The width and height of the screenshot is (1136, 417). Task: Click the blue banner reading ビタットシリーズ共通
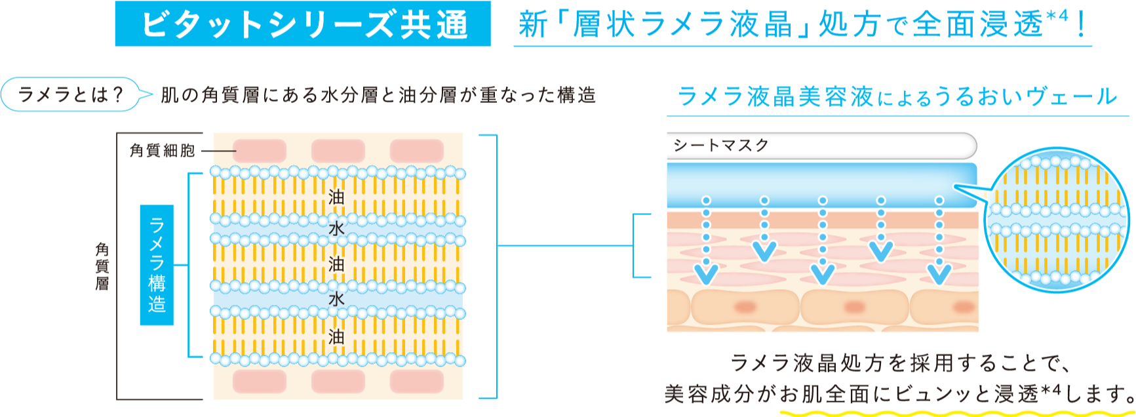[x=303, y=24]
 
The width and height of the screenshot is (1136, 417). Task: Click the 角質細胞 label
[x=162, y=151]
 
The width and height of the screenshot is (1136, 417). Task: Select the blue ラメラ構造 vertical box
[x=157, y=265]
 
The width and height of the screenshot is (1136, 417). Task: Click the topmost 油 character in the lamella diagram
[x=336, y=197]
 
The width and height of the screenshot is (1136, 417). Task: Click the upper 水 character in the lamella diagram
[x=336, y=229]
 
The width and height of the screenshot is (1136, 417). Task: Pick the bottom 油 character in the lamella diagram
[x=336, y=337]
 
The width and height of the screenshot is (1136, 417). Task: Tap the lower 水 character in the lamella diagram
[x=336, y=299]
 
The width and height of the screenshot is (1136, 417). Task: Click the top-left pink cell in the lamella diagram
[x=259, y=151]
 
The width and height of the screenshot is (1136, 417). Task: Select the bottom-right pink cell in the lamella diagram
[x=416, y=381]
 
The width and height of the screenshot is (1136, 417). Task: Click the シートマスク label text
[x=721, y=146]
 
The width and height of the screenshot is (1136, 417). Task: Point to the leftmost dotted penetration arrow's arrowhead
[x=705, y=274]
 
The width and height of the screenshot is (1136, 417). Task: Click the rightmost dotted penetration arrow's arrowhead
[x=939, y=274]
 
